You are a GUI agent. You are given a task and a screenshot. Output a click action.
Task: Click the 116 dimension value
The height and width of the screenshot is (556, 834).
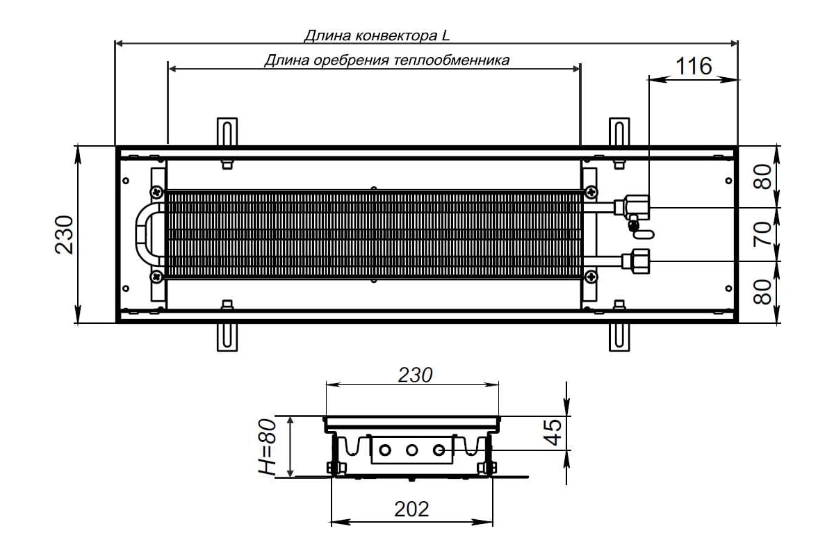tap(694, 66)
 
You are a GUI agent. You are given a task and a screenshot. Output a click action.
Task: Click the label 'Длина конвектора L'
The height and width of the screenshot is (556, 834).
tap(377, 35)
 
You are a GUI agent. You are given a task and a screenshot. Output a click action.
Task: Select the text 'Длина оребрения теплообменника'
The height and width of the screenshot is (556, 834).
tap(387, 60)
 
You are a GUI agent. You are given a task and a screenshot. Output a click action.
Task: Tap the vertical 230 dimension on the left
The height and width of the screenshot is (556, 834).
tap(64, 235)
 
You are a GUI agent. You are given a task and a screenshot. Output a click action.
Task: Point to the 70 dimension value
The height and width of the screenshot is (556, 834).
tap(762, 234)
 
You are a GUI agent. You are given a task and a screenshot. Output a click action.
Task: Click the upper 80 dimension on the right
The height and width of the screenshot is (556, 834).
tap(762, 177)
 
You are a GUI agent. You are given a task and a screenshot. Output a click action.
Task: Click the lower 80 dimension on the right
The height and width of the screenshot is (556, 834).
tap(762, 292)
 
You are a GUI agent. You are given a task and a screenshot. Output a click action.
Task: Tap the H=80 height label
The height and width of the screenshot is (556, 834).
tap(268, 447)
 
